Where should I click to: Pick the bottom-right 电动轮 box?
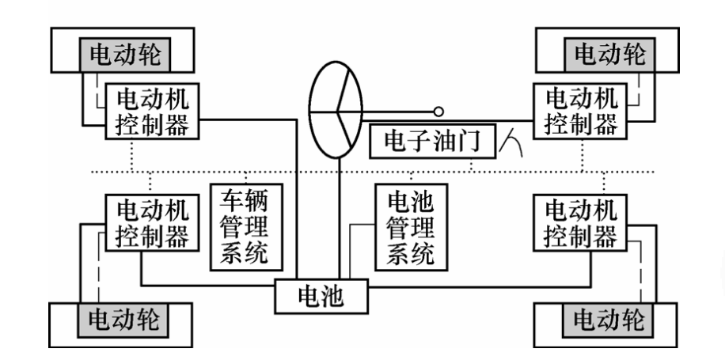(x=609, y=320)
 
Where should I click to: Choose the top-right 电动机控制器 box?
(x=583, y=111)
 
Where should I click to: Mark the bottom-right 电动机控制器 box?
(x=582, y=223)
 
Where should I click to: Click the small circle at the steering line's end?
(x=438, y=112)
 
